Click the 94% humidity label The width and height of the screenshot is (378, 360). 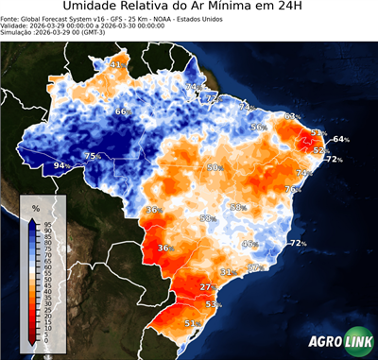[60, 166]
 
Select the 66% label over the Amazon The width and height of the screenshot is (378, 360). [122, 112]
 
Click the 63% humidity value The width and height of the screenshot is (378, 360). [291, 117]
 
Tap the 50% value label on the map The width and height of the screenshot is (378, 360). [214, 167]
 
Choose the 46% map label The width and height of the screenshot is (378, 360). [249, 244]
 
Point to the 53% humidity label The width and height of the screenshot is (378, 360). [212, 305]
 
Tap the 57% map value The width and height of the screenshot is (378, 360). [253, 268]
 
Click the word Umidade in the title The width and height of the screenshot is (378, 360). [95, 8]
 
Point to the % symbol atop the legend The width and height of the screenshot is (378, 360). [35, 207]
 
